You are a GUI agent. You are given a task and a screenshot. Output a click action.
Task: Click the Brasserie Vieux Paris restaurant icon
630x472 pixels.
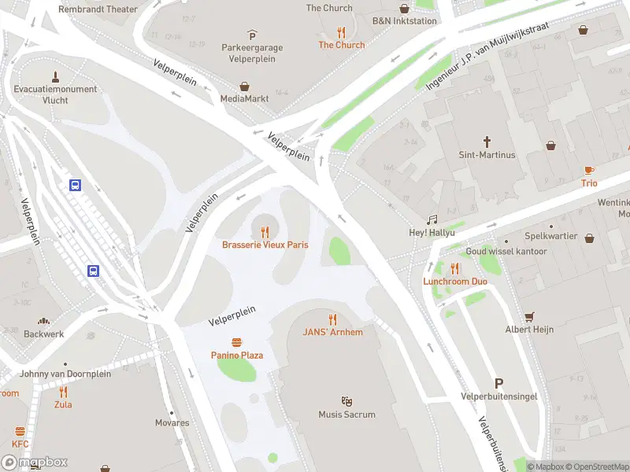(265, 231)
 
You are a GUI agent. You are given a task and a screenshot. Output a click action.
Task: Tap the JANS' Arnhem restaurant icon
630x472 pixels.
(333, 319)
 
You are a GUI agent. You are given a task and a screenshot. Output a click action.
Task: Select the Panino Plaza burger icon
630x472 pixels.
(237, 342)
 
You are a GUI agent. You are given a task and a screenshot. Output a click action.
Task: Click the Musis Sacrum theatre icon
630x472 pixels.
(346, 401)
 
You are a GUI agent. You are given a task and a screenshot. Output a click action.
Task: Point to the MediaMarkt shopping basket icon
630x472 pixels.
(245, 86)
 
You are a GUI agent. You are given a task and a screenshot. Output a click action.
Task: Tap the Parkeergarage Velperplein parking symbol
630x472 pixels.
(252, 35)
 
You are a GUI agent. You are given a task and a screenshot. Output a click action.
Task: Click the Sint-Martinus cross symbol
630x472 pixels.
(487, 142)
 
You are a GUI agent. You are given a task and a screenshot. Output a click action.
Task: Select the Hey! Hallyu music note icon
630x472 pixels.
(432, 220)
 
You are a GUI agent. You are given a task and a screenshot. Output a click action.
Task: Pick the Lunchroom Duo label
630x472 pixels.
(455, 281)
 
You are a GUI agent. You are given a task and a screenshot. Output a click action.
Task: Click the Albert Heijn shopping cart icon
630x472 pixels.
(529, 316)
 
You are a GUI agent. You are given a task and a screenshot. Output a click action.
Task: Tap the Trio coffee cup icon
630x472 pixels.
(589, 170)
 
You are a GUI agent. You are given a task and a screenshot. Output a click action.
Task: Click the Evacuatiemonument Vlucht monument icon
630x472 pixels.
(55, 76)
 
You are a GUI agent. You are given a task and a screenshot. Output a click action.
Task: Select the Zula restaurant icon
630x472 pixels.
(63, 391)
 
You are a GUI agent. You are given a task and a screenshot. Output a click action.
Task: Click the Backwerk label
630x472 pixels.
(44, 334)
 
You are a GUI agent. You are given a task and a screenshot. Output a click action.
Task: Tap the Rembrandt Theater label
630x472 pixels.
(98, 9)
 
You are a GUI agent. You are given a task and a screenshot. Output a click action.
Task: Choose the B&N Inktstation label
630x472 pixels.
(404, 21)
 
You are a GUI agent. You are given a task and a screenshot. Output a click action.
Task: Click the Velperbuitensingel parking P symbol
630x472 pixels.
(498, 383)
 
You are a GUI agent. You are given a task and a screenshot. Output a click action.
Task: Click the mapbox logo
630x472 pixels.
(35, 463)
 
